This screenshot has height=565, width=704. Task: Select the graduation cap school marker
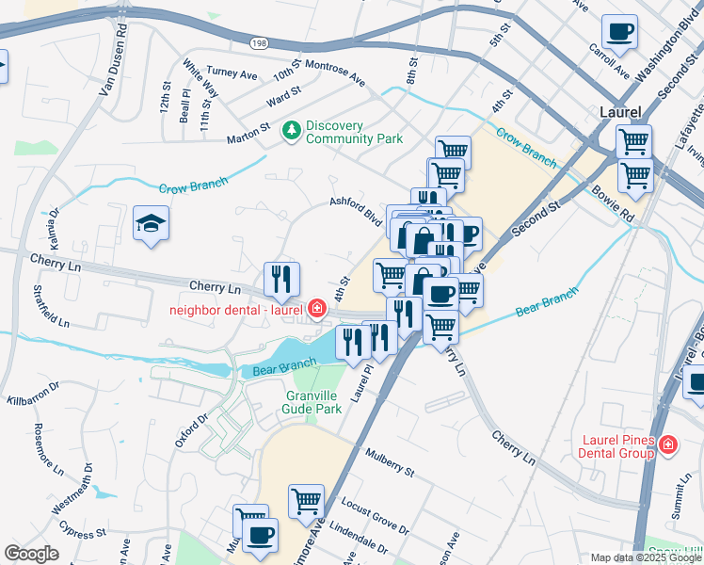pos(149,224)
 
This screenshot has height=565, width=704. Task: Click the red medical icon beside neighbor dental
pos(317,309)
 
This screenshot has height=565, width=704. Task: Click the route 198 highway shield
pos(259,43)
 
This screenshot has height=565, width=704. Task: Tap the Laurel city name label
pos(620,112)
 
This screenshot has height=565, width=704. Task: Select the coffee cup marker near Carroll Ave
pos(619,32)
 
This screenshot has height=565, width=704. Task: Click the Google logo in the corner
pos(31,554)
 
